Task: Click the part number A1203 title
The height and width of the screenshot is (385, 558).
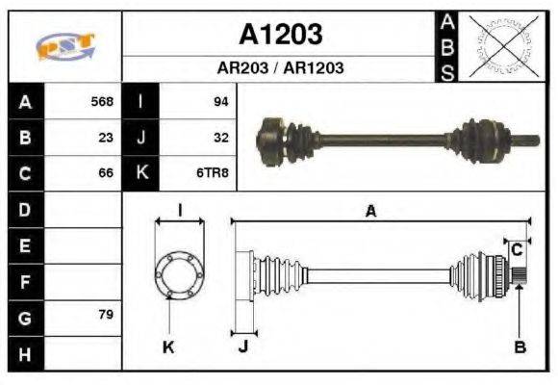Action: [280, 35]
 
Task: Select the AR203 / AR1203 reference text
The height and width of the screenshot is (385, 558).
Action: [280, 68]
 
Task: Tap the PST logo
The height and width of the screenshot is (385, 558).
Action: [64, 45]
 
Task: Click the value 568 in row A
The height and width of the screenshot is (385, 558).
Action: [102, 101]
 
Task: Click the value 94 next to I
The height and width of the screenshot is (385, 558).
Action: [220, 101]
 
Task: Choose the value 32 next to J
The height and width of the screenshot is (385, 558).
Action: [220, 137]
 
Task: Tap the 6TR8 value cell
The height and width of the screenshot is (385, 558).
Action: [214, 173]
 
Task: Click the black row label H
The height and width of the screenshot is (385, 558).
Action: [25, 353]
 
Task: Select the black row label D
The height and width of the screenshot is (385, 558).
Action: [25, 209]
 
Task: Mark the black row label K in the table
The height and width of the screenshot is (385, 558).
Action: [141, 173]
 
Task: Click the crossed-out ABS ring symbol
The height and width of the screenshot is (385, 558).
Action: [498, 45]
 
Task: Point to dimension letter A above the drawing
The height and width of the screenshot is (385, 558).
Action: [370, 212]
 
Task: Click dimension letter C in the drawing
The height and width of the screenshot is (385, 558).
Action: [517, 249]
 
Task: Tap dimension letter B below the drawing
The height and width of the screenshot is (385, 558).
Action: [520, 347]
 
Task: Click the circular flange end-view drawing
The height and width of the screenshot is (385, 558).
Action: [179, 273]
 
